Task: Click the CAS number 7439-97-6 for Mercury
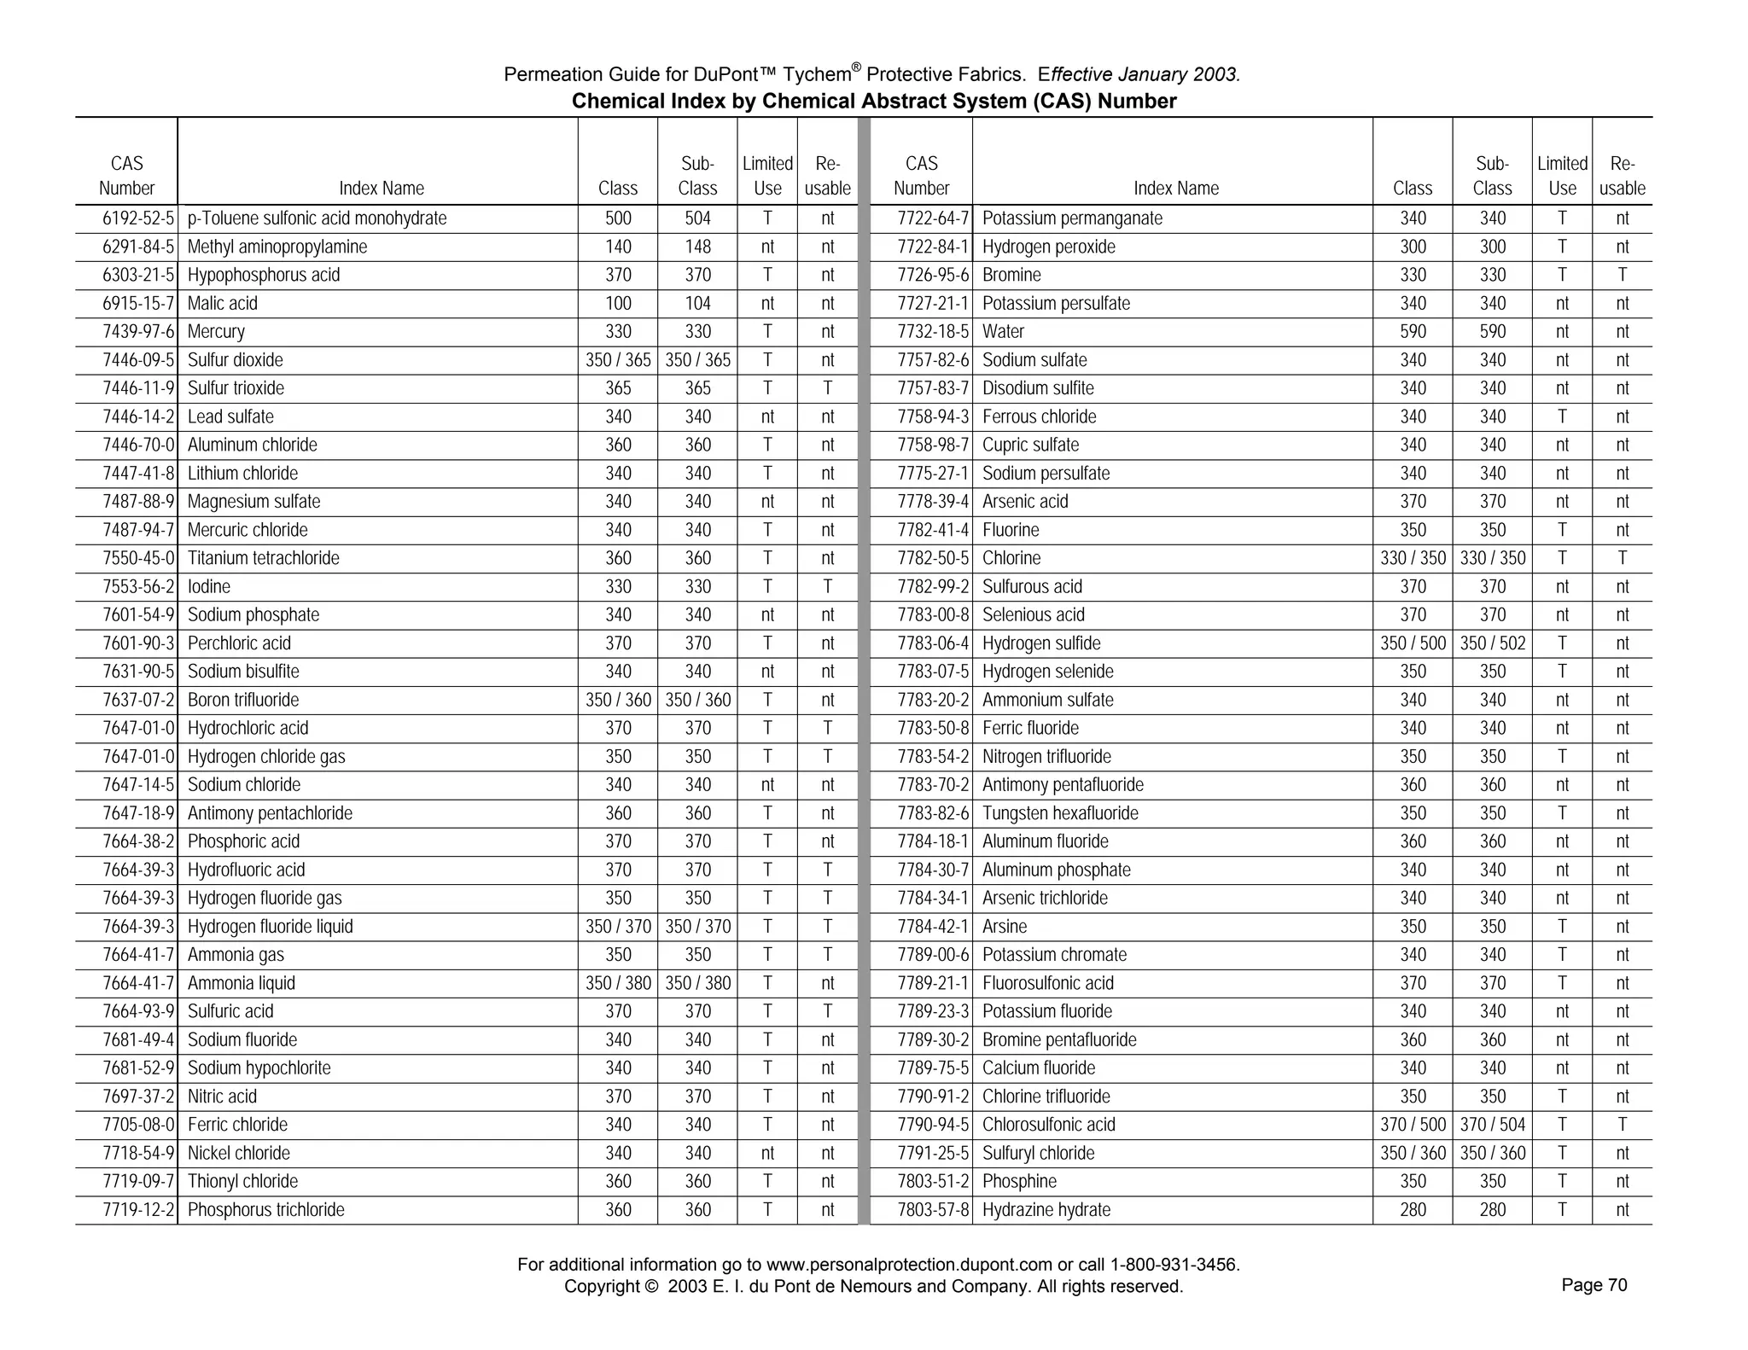coord(138,332)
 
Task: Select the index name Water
coord(1003,332)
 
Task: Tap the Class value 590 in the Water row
coord(1413,332)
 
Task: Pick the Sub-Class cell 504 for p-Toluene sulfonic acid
coord(697,218)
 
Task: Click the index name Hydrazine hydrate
coord(1046,1210)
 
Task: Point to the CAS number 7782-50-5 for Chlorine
coord(933,559)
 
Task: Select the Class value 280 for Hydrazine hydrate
coord(1413,1210)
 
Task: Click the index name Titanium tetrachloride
coord(263,559)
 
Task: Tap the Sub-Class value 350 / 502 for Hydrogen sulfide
coord(1492,643)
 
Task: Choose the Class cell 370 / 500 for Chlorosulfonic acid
coord(1413,1125)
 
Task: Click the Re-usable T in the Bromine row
coord(1622,276)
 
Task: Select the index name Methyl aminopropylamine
coord(277,247)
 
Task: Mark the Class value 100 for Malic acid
coord(618,304)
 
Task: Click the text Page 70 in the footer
coord(1594,1285)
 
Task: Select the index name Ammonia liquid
coord(242,983)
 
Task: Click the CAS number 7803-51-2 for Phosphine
coord(933,1182)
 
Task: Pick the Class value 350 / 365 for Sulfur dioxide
coord(618,360)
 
